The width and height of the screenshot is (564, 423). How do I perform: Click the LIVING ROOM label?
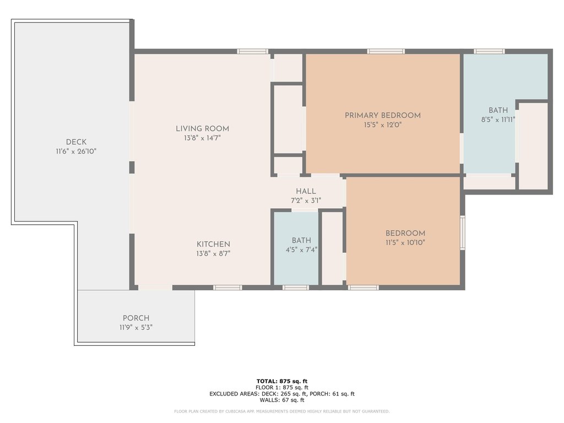pyautogui.click(x=202, y=129)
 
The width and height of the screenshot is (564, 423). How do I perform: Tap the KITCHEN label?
pyautogui.click(x=213, y=245)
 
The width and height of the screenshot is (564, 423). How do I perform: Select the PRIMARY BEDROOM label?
pyautogui.click(x=382, y=116)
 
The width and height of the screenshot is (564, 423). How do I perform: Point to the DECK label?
pyautogui.click(x=76, y=142)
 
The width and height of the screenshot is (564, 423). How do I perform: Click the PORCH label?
pyautogui.click(x=136, y=318)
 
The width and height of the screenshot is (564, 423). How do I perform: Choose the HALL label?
pyautogui.click(x=306, y=192)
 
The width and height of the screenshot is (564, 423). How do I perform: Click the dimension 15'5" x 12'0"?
pyautogui.click(x=382, y=125)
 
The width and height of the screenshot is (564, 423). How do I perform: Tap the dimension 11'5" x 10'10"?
pyautogui.click(x=405, y=242)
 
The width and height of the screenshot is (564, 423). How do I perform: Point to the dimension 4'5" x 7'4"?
pyautogui.click(x=301, y=250)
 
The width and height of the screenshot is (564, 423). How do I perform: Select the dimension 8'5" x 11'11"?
pyautogui.click(x=498, y=120)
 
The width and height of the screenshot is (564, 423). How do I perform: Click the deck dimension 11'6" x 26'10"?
pyautogui.click(x=76, y=151)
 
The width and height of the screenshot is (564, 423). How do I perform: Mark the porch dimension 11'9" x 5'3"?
pyautogui.click(x=136, y=327)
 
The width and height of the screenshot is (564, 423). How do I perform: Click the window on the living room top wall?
pyautogui.click(x=253, y=51)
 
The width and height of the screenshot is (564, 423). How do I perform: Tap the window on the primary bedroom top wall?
pyautogui.click(x=386, y=51)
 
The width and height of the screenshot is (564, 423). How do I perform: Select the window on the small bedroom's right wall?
pyautogui.click(x=463, y=232)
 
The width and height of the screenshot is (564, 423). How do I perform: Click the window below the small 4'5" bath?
pyautogui.click(x=296, y=288)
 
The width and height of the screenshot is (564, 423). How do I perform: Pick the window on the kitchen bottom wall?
pyautogui.click(x=227, y=288)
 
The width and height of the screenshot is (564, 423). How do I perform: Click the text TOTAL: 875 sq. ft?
pyautogui.click(x=281, y=381)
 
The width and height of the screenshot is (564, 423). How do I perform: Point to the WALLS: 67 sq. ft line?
pyautogui.click(x=282, y=400)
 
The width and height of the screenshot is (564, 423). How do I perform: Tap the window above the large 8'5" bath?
pyautogui.click(x=489, y=51)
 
